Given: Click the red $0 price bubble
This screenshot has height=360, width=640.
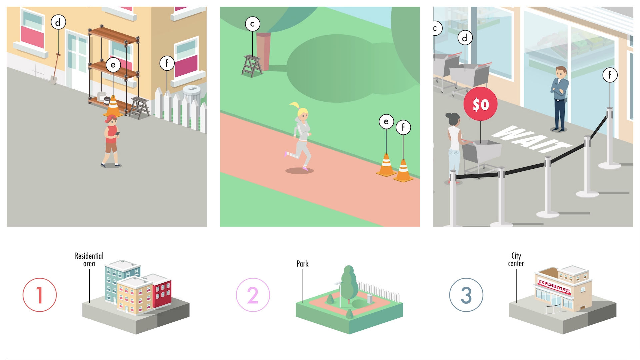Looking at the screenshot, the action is pyautogui.click(x=480, y=104).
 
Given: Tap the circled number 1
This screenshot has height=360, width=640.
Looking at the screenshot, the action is pyautogui.click(x=40, y=295).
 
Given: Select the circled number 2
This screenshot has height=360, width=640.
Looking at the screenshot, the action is pyautogui.click(x=253, y=295).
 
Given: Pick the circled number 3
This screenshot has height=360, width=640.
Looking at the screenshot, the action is pyautogui.click(x=466, y=295).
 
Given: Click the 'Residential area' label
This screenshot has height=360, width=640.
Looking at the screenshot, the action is pyautogui.click(x=89, y=259).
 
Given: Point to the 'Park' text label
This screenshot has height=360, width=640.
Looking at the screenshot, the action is pyautogui.click(x=302, y=264).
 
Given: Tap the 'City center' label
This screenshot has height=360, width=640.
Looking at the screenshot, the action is pyautogui.click(x=516, y=259).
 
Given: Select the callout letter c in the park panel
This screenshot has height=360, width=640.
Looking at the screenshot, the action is pyautogui.click(x=252, y=24).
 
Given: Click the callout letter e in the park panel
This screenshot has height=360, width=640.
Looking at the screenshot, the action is pyautogui.click(x=386, y=121).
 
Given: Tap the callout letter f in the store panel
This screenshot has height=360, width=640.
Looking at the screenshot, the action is pyautogui.click(x=610, y=75).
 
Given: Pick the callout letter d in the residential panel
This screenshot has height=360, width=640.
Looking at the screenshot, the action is pyautogui.click(x=58, y=22).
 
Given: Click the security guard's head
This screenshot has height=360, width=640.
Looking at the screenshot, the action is pyautogui.click(x=561, y=72).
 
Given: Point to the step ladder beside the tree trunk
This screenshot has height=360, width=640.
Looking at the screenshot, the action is pyautogui.click(x=252, y=66).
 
